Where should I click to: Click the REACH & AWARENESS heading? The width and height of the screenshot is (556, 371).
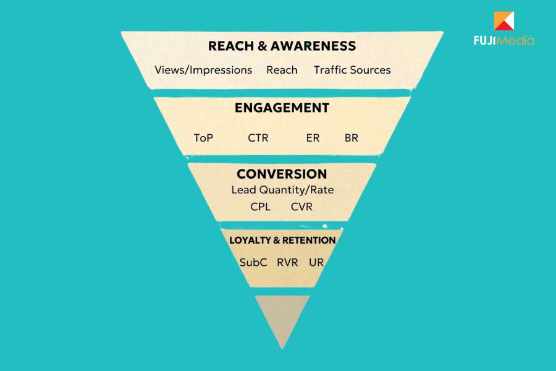pos(282,46)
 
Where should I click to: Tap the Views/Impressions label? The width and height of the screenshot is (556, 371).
pos(203,70)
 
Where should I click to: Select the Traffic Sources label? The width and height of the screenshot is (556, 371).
pos(352,70)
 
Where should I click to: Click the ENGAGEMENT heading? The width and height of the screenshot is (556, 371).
pos(282,108)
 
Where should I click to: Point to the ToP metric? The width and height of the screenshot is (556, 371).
pos(203,138)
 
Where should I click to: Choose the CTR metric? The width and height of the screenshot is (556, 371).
pos(258,138)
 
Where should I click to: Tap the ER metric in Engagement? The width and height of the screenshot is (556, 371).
pos(313,138)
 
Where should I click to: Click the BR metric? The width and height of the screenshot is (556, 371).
pos(352,138)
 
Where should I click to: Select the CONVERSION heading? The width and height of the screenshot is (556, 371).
pos(282,174)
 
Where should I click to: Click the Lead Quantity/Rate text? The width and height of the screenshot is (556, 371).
pos(282,190)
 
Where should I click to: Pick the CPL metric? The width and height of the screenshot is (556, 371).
pos(260,207)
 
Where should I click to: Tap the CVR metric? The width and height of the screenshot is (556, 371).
pos(301,207)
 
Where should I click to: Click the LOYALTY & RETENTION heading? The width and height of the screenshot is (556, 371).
pos(282,241)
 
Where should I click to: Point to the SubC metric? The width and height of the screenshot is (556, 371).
pos(253,262)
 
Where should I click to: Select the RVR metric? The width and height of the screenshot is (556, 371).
pos(287,262)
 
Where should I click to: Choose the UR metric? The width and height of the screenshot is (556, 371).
pos(316,262)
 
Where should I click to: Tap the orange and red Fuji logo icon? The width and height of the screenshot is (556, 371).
pos(504,20)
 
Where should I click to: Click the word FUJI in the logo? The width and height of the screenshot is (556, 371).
pos(485,40)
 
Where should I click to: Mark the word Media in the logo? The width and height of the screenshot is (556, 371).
pos(515,40)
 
